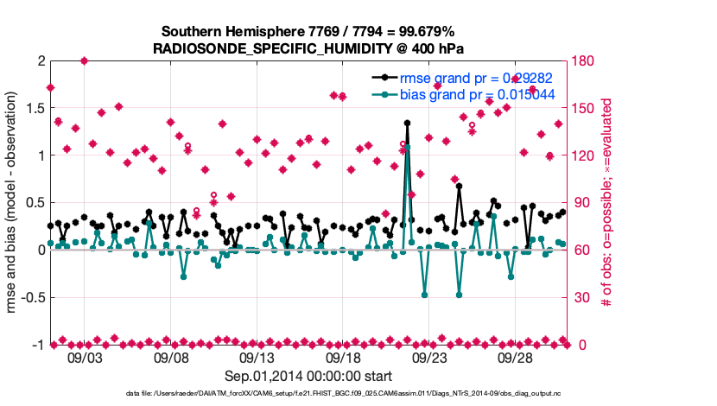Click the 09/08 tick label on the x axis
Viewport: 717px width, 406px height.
(171, 357)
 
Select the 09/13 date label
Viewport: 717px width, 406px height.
(257, 357)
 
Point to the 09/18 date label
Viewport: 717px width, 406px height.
(343, 357)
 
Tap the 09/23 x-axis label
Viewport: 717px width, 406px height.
(428, 357)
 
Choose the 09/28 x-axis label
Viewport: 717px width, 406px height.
(515, 357)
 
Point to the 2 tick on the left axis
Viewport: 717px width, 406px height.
(41, 61)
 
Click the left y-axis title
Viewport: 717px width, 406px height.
(14, 203)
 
